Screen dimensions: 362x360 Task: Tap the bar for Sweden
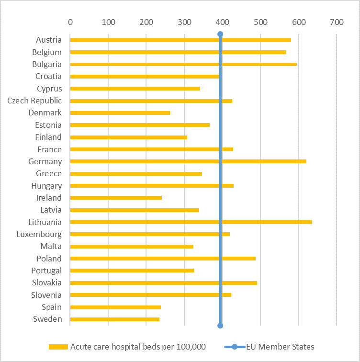[115, 319]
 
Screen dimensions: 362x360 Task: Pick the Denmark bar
[120, 113]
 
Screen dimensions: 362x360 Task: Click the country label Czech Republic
[34, 101]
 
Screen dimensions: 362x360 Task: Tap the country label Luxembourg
[39, 234]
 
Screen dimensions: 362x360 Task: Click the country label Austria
[49, 40]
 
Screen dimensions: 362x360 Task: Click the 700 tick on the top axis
[337, 22]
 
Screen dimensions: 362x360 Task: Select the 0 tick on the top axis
[70, 22]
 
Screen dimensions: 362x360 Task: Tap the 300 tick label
[184, 22]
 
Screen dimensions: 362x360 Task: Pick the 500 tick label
[260, 22]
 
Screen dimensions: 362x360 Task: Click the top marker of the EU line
[220, 34]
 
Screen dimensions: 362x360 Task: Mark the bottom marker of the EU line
[220, 326]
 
